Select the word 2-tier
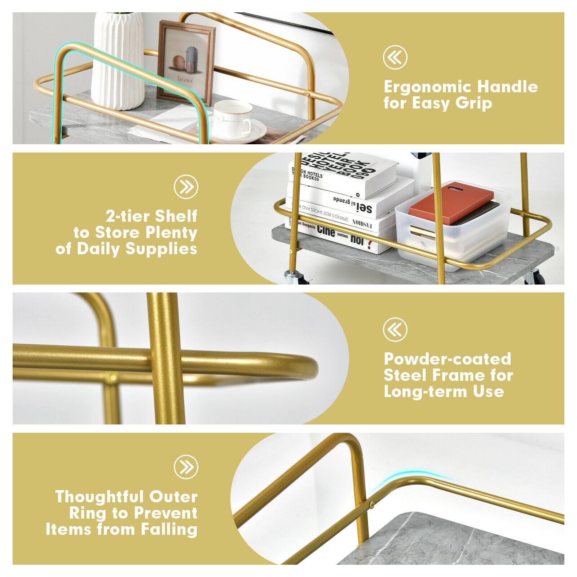(128, 216)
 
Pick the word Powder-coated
(447, 359)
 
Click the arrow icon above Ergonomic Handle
(395, 57)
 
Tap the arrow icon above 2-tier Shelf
(186, 186)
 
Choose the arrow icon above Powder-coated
(395, 329)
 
